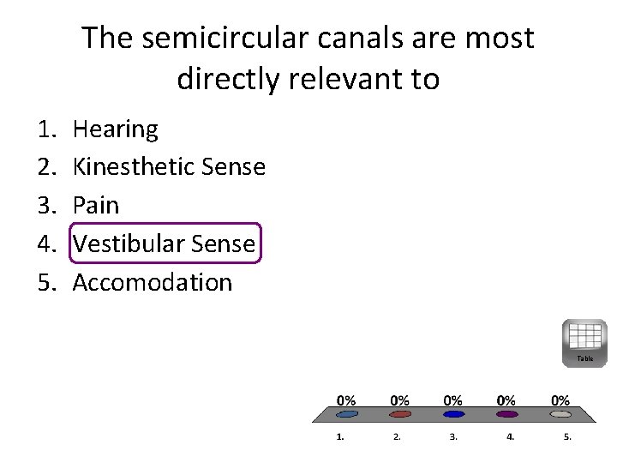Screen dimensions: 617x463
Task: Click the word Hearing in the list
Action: click(x=115, y=129)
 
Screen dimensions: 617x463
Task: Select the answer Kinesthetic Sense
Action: click(x=169, y=167)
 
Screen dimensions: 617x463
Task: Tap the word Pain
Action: click(x=95, y=206)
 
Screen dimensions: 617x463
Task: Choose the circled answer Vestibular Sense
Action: click(x=164, y=244)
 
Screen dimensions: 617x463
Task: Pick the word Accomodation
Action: click(x=152, y=282)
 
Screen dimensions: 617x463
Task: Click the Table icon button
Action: click(x=584, y=342)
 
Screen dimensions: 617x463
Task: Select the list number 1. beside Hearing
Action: click(x=46, y=129)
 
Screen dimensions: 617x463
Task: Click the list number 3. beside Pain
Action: click(x=46, y=206)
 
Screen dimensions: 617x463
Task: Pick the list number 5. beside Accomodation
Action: click(x=46, y=282)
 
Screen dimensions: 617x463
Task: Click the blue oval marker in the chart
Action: click(x=454, y=414)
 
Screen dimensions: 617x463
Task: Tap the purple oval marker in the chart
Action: click(x=507, y=414)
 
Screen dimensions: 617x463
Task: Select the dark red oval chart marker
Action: click(x=400, y=414)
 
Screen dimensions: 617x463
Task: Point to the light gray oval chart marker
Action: click(x=560, y=414)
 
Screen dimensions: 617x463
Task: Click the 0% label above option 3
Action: click(x=453, y=400)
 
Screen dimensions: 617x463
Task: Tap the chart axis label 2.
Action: click(x=397, y=436)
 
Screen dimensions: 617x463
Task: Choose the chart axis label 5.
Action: click(x=566, y=436)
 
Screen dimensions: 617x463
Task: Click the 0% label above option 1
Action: click(x=346, y=400)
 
